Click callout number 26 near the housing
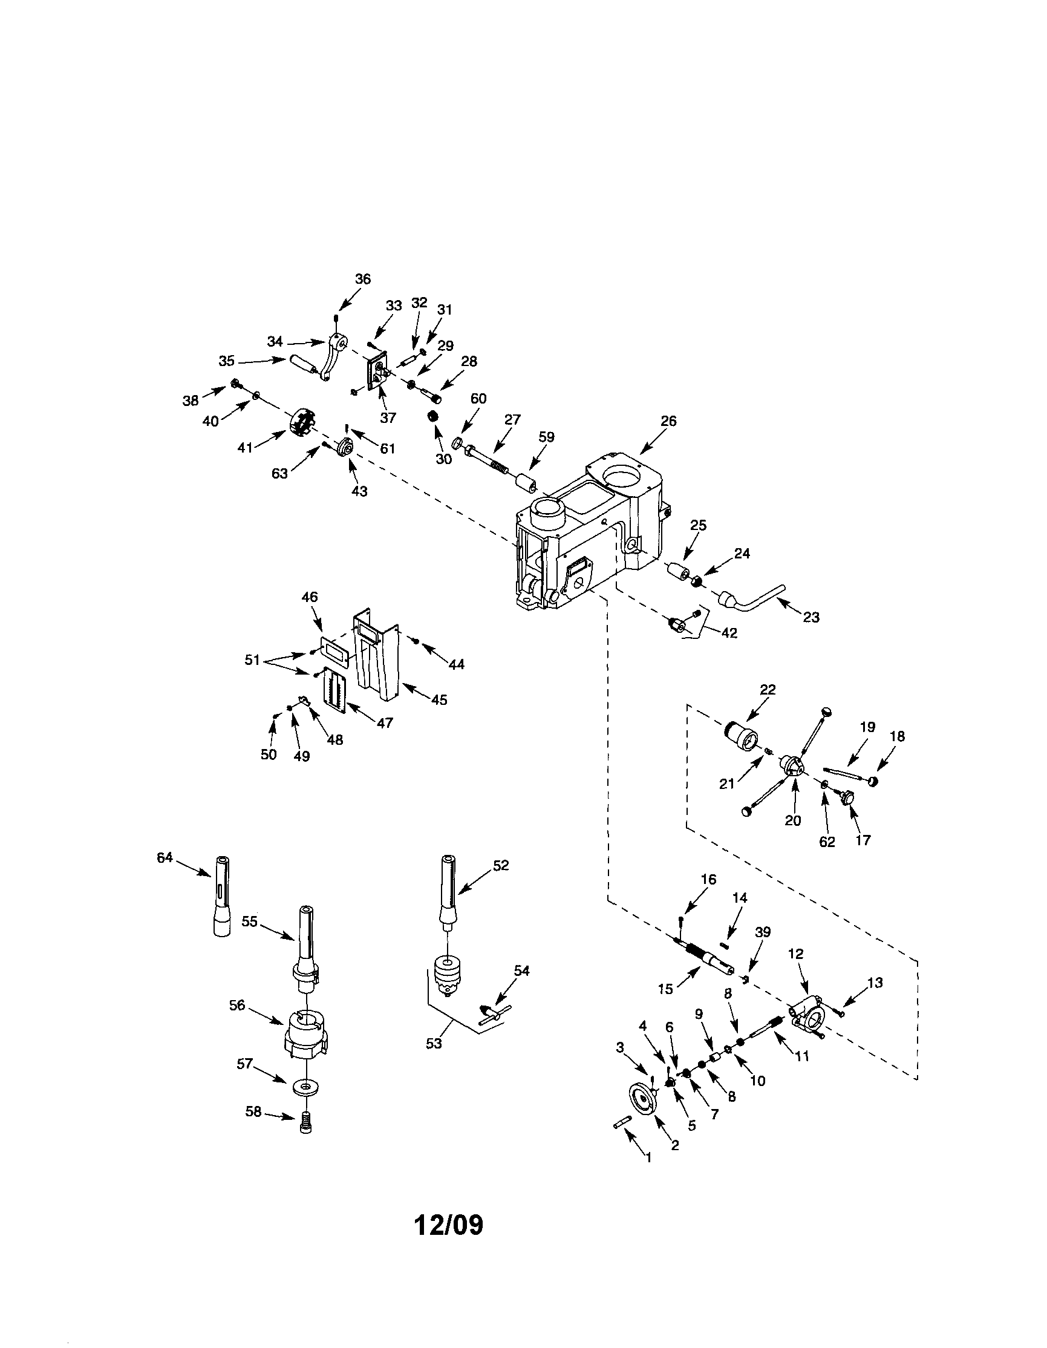point(668,421)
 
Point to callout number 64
point(164,857)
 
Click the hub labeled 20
point(792,766)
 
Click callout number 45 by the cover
point(439,700)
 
